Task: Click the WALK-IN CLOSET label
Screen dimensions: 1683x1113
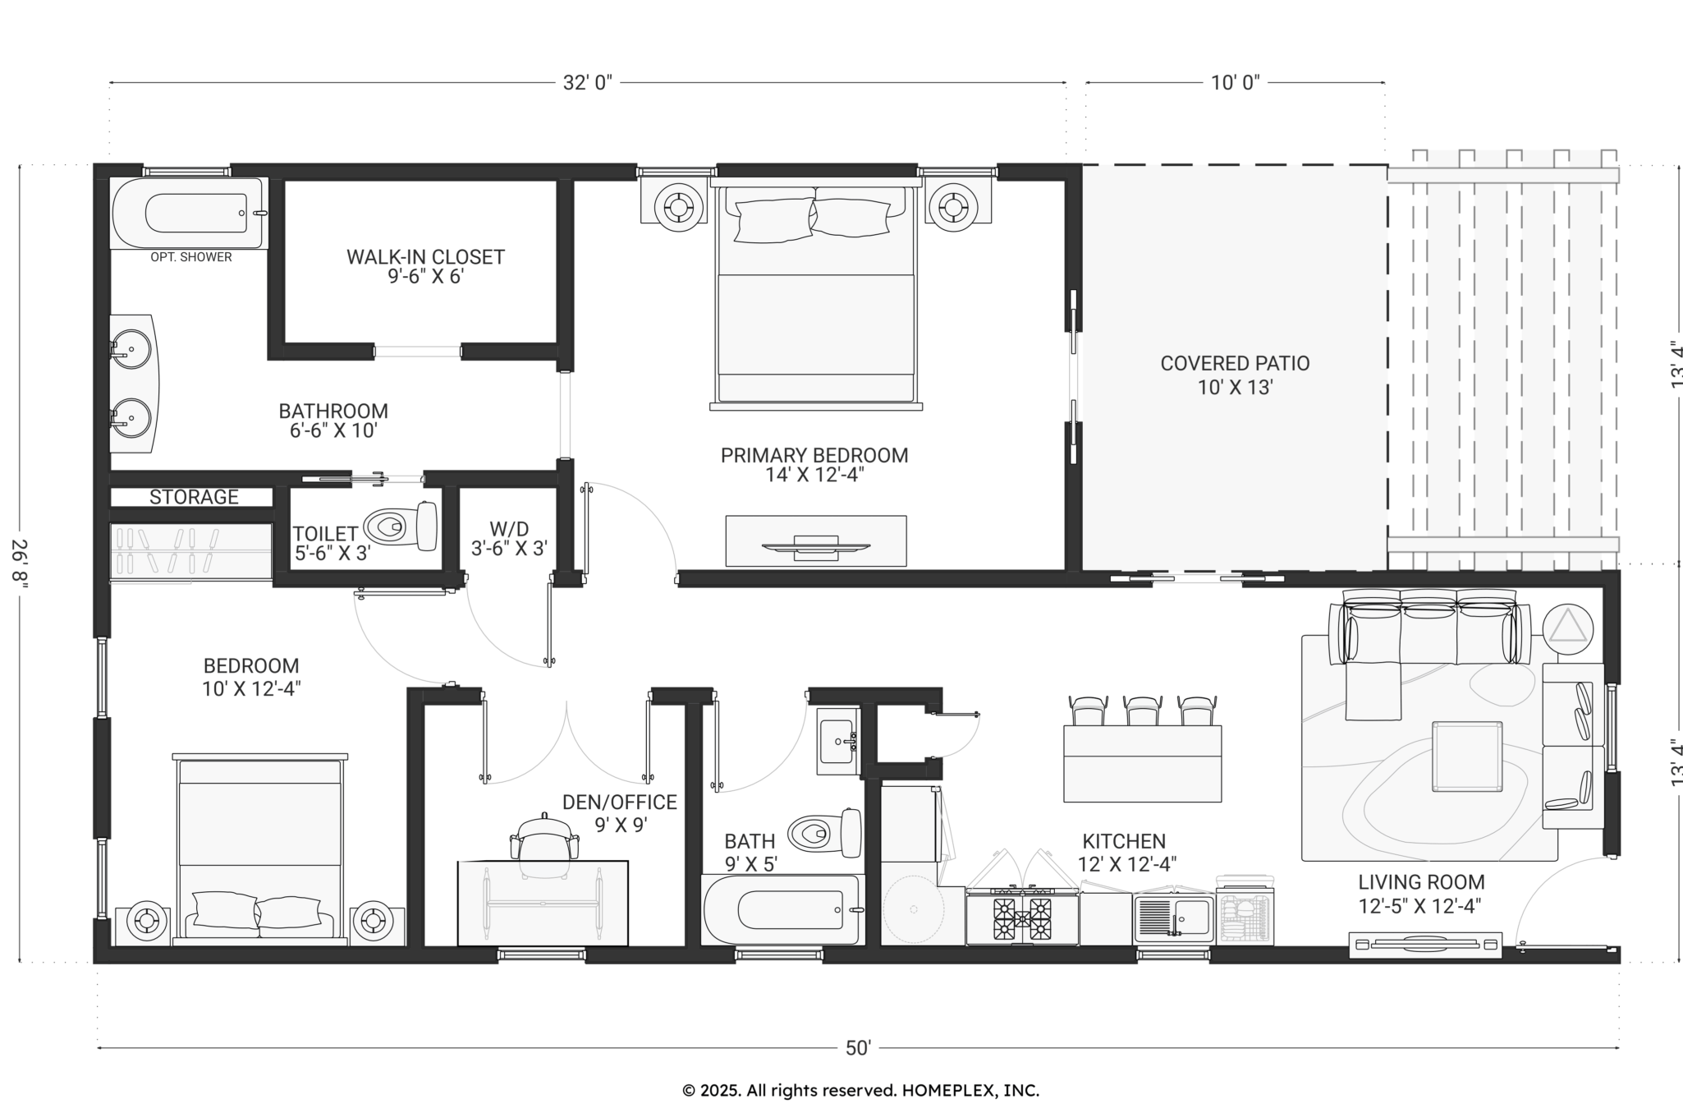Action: [425, 257]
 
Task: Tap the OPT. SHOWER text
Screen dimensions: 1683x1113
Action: [191, 257]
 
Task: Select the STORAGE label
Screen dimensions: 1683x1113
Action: [194, 497]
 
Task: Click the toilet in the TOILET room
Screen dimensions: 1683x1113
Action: [401, 526]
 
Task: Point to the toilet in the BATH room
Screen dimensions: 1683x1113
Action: [825, 834]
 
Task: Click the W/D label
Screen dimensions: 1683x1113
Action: [509, 528]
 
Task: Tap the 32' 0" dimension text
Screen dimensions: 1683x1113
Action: [588, 83]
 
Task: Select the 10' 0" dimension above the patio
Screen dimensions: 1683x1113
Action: [1235, 83]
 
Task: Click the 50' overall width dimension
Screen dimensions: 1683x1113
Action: [858, 1048]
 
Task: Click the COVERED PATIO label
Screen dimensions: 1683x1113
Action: [1235, 363]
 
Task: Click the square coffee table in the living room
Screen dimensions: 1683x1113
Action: [1467, 757]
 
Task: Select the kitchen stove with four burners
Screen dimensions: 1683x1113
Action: [1022, 917]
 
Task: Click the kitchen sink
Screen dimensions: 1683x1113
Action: [1174, 918]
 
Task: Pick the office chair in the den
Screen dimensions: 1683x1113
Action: [541, 841]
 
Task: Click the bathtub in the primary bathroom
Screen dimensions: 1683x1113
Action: [190, 213]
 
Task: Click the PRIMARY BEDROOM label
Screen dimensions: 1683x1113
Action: [814, 455]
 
